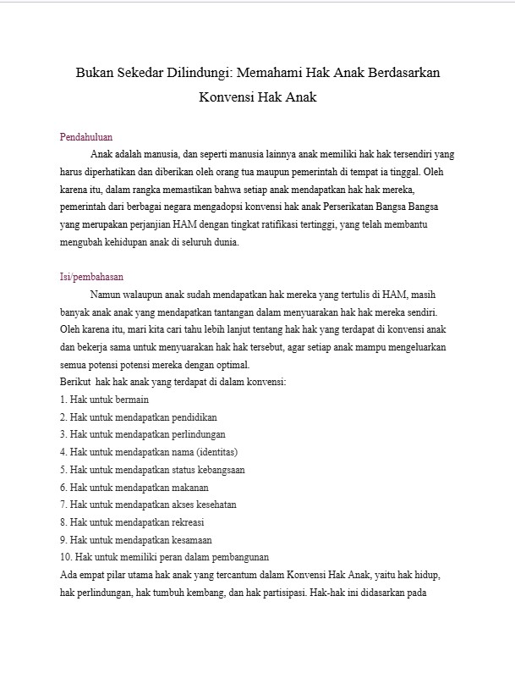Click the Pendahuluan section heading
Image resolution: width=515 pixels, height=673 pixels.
tap(86, 137)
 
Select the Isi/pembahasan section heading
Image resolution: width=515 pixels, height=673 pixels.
tap(92, 276)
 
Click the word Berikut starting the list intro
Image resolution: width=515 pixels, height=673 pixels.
tap(75, 383)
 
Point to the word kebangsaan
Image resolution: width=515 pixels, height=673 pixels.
tap(218, 470)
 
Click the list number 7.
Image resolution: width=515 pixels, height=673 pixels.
tap(63, 505)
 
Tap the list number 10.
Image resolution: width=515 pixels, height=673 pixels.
tap(66, 558)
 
